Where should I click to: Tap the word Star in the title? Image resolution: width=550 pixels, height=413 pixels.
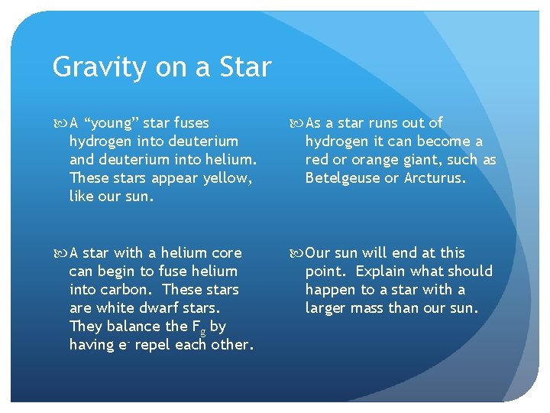(x=244, y=67)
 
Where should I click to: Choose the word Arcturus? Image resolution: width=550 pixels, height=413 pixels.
(x=436, y=178)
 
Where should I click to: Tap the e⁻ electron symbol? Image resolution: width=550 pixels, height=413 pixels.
(x=123, y=344)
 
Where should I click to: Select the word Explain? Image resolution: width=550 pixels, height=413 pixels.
(x=383, y=272)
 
